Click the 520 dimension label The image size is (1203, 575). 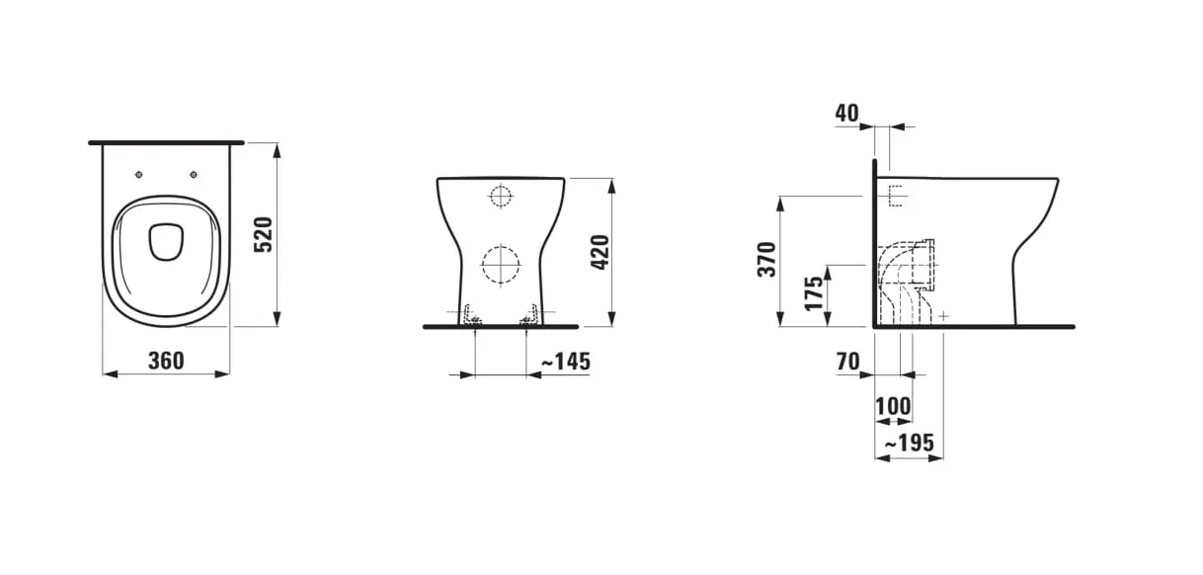263,234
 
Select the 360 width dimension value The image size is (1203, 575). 166,361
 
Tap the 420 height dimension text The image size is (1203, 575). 600,252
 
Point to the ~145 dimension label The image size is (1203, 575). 566,362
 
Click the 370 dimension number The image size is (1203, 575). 766,260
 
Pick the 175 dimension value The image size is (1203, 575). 814,292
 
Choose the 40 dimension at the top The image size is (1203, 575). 846,113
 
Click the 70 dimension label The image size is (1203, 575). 848,362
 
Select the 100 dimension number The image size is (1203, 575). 893,406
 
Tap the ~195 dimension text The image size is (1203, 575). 910,443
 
